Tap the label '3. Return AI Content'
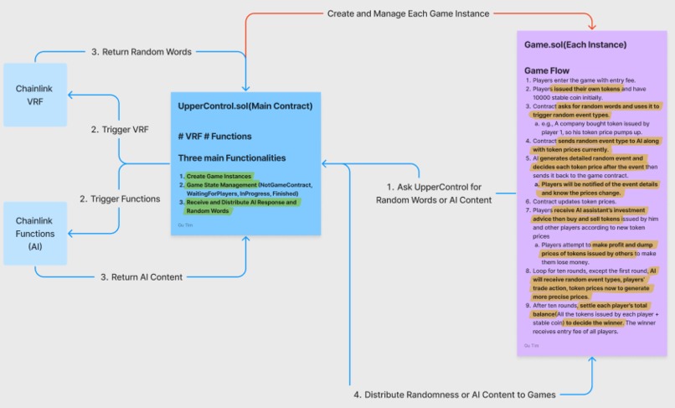point(141,276)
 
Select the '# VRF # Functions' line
point(214,136)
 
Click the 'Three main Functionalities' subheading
point(232,158)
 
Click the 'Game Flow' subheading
point(547,70)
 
